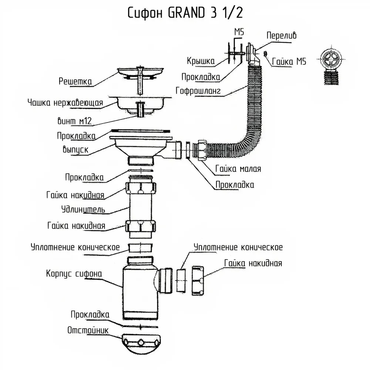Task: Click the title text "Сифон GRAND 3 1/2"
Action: [185, 13]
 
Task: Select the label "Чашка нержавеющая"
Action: [65, 102]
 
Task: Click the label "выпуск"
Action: [75, 150]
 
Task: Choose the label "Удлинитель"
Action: [83, 210]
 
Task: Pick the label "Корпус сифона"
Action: [74, 274]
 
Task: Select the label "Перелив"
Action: [281, 36]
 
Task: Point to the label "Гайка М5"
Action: [289, 61]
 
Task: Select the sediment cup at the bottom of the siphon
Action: [141, 344]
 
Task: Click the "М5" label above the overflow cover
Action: [239, 32]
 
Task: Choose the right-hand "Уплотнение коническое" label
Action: [238, 247]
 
